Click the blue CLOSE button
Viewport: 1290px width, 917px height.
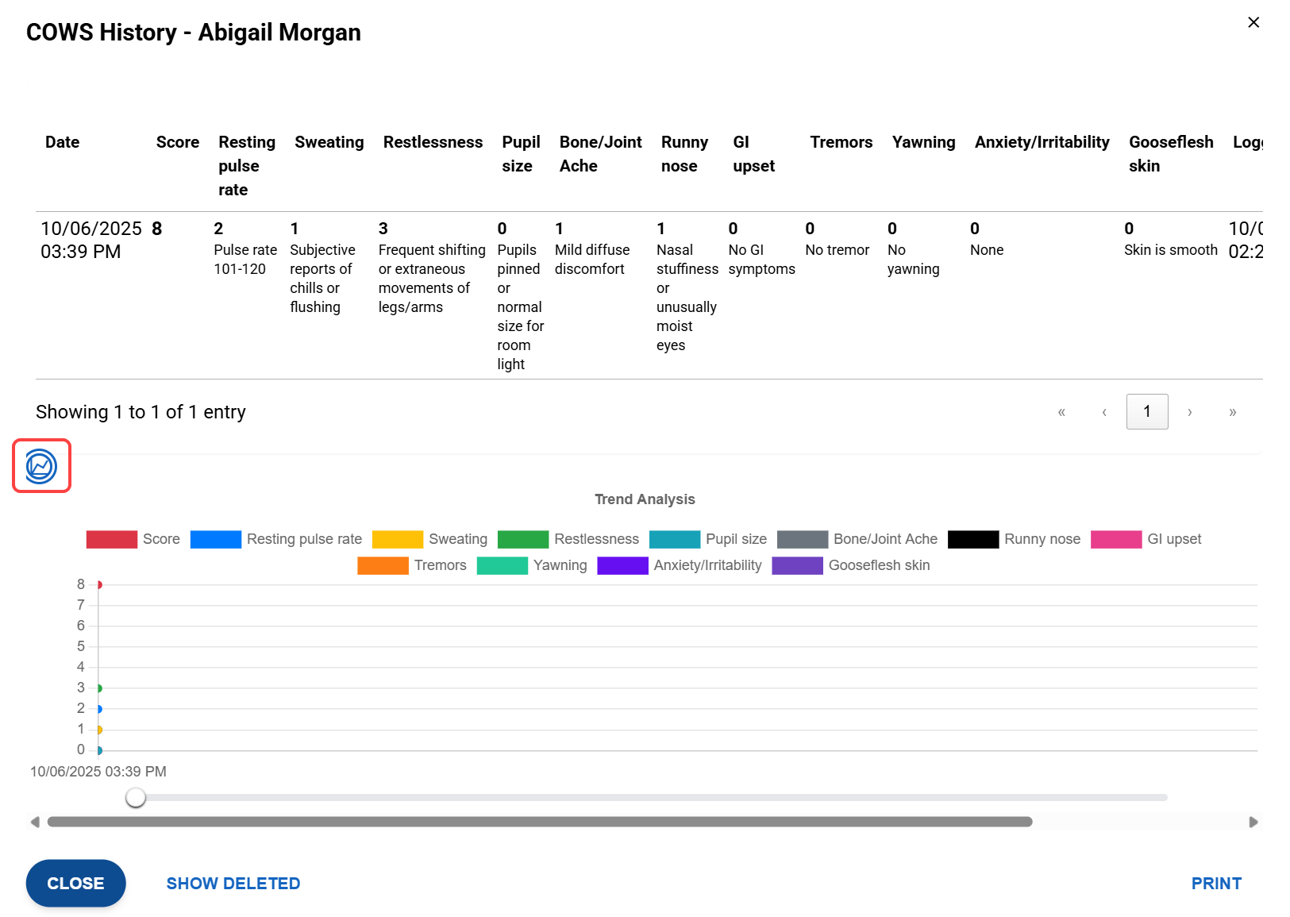coord(75,883)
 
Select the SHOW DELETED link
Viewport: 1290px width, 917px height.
coord(233,883)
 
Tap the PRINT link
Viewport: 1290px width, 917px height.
coord(1215,883)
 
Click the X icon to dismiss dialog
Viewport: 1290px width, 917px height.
coord(1253,22)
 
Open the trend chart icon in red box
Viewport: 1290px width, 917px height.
coord(41,466)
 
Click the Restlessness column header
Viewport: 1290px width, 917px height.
coord(433,142)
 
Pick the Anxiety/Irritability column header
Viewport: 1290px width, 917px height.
coord(1042,142)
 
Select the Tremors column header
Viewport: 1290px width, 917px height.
coord(841,142)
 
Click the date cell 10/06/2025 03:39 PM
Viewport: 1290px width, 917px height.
coord(90,240)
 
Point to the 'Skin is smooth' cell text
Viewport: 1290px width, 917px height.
coord(1170,250)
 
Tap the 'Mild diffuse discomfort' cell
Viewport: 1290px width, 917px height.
coord(592,260)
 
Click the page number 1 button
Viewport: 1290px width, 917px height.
coord(1146,411)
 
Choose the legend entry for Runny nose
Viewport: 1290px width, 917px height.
coord(1014,539)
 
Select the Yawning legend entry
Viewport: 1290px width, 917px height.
coord(532,565)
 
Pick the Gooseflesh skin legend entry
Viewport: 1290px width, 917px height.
coord(850,565)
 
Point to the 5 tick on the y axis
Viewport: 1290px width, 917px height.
coord(81,646)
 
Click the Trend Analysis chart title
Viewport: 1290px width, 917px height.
coord(645,499)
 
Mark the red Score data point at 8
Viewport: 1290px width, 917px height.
coord(99,585)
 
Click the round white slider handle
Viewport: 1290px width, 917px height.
coord(136,797)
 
